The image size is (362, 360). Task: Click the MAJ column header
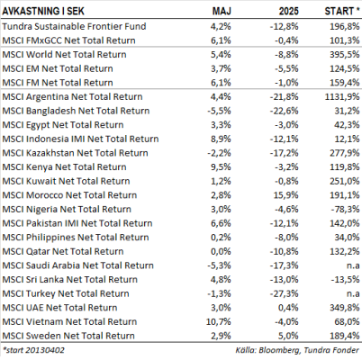click(x=222, y=11)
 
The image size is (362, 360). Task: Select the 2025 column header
click(x=289, y=11)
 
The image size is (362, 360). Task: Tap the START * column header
click(x=342, y=11)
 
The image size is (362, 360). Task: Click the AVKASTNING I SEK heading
click(x=43, y=11)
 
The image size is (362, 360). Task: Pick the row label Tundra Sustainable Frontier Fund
click(x=74, y=26)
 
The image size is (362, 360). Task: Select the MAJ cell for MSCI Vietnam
click(x=219, y=321)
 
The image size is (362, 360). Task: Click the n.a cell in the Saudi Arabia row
click(x=353, y=265)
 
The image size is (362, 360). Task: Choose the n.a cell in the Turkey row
click(x=353, y=293)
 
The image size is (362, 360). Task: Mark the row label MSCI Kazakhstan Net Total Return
click(x=75, y=153)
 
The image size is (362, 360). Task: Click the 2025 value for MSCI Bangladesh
click(x=285, y=111)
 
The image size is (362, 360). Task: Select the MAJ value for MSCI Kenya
click(x=221, y=166)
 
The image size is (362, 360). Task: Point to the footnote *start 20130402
click(x=33, y=350)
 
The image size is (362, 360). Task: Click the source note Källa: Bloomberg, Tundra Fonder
click(x=297, y=350)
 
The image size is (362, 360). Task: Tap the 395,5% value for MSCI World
click(x=345, y=54)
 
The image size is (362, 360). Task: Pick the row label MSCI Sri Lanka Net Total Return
click(x=69, y=280)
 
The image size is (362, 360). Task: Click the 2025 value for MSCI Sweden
click(x=288, y=336)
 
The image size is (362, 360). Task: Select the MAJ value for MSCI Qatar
click(x=221, y=251)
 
